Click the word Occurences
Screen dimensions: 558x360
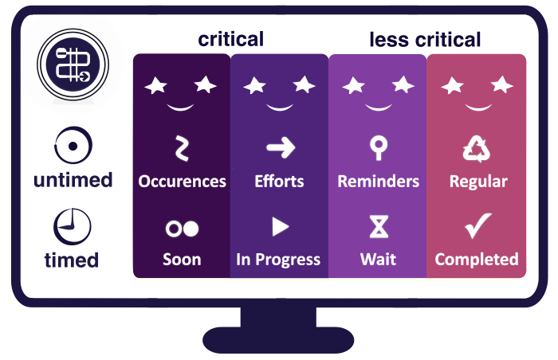(182, 182)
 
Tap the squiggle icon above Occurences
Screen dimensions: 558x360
(182, 148)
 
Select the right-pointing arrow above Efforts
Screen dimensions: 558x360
(280, 147)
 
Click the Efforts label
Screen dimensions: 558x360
(279, 182)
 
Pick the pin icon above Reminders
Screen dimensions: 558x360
(378, 147)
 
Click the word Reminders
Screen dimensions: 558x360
(378, 182)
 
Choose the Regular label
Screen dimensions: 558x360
(478, 182)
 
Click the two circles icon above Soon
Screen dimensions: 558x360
(182, 229)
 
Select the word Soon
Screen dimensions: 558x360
(182, 260)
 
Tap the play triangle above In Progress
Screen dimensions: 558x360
(280, 227)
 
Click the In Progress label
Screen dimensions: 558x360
(278, 260)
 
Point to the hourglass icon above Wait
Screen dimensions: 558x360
(379, 227)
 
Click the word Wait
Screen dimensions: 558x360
(378, 260)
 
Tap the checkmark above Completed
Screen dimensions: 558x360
(477, 226)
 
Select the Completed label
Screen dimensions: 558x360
(477, 260)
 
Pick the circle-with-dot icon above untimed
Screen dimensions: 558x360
(73, 147)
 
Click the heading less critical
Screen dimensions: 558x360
(425, 39)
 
